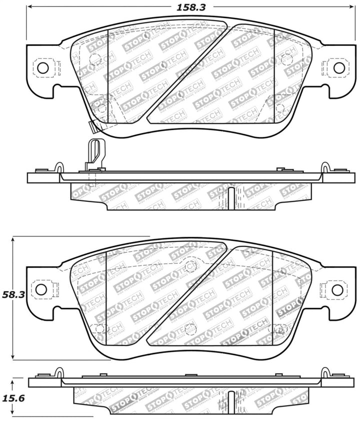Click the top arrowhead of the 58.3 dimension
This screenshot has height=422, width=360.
pos(13,239)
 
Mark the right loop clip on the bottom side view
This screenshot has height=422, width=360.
pos(326,372)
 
